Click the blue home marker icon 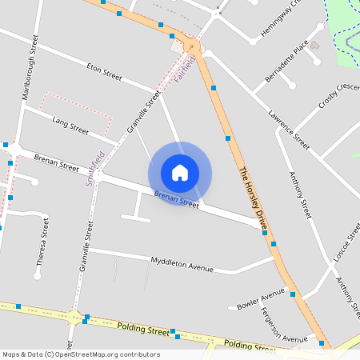pos(180,172)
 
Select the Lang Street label pos(70,125)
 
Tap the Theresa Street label pos(42,242)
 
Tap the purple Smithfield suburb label pos(95,168)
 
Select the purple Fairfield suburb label pos(185,70)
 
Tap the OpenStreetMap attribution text pos(81,354)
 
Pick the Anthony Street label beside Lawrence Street pos(299,196)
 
